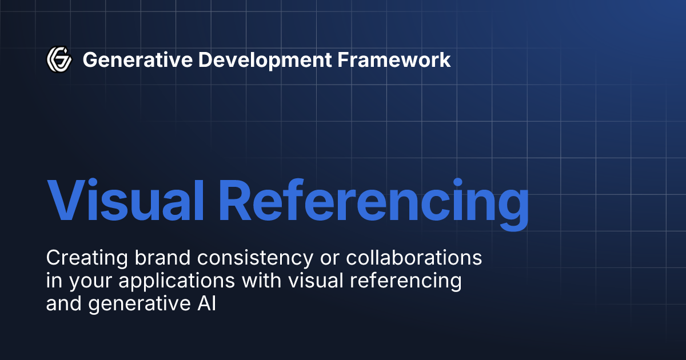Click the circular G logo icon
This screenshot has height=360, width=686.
pyautogui.click(x=59, y=59)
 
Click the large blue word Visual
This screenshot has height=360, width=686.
pyautogui.click(x=123, y=201)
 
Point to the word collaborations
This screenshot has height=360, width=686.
pyautogui.click(x=413, y=258)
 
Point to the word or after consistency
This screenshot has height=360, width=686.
pyautogui.click(x=329, y=258)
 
